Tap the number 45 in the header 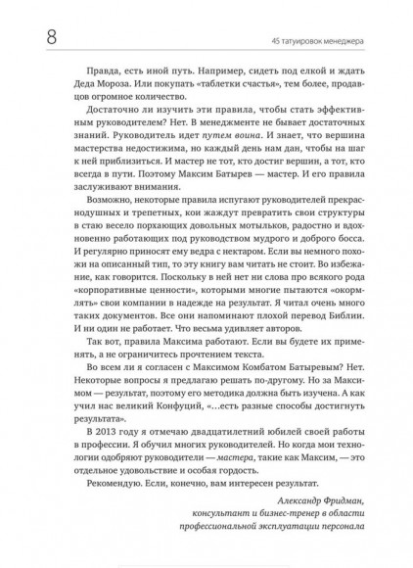274,40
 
